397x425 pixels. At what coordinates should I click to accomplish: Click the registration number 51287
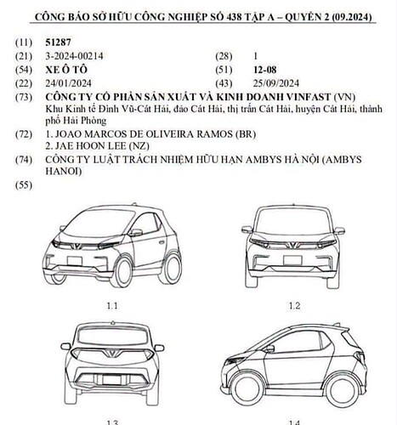click(58, 42)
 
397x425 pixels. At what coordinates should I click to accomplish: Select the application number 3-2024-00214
click(74, 56)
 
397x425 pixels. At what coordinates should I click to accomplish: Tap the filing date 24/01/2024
click(68, 83)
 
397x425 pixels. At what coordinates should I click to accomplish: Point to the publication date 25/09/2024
click(276, 83)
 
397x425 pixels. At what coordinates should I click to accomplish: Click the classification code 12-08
click(264, 70)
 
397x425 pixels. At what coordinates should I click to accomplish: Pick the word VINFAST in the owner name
click(308, 97)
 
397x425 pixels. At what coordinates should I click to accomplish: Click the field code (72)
click(24, 134)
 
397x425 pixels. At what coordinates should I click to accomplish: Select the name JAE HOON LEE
click(90, 146)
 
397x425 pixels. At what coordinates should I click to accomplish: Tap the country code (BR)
click(246, 133)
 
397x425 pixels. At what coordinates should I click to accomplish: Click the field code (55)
click(24, 185)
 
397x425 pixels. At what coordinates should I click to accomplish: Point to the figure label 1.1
click(112, 306)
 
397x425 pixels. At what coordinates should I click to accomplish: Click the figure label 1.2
click(294, 306)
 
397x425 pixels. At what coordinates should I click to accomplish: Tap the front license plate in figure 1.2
click(293, 260)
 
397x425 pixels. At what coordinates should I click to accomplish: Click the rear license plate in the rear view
click(112, 379)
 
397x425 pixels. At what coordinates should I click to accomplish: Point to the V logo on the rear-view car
click(112, 353)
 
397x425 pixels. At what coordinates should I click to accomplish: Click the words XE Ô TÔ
click(66, 70)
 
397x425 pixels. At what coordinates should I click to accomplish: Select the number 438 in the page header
click(234, 17)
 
